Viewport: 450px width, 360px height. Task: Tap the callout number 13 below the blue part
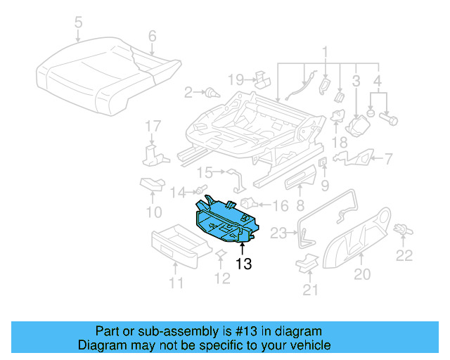tap(243, 264)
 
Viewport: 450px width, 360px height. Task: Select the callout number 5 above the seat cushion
tap(78, 23)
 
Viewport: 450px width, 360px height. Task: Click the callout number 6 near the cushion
tap(152, 36)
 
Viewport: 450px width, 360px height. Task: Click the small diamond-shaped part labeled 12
tap(219, 254)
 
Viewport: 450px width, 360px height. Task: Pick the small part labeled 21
tap(307, 263)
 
